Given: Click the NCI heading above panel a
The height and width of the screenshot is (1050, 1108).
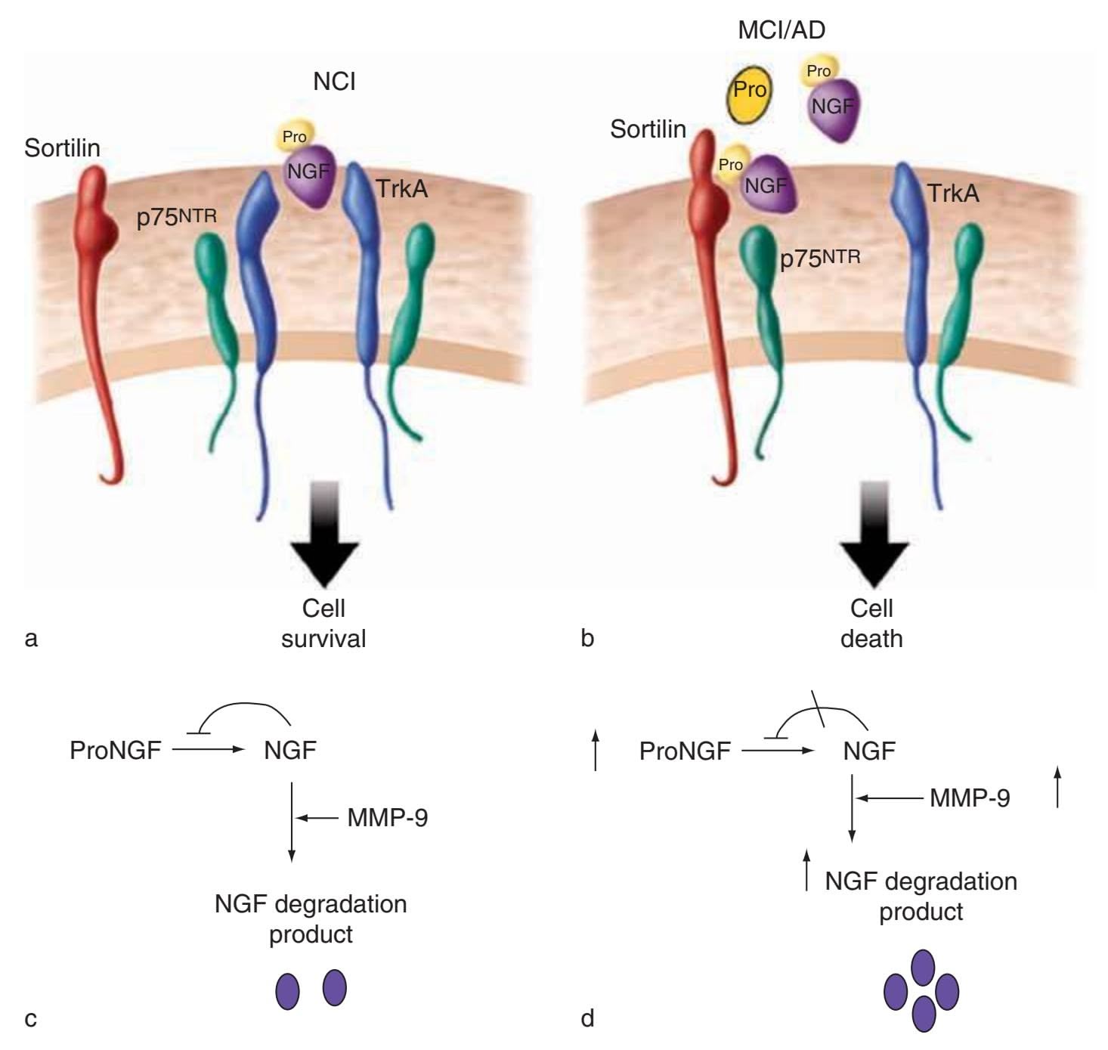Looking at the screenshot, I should point(334,82).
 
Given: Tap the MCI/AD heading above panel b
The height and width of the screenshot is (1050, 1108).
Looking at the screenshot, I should point(781,30).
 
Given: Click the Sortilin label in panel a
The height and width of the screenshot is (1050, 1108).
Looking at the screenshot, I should point(62,147).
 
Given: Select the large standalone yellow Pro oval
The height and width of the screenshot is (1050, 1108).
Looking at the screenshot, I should point(749,91).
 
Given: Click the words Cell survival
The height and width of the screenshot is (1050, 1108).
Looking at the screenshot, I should point(323,624).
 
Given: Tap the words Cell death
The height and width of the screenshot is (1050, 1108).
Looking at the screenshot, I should point(871,624).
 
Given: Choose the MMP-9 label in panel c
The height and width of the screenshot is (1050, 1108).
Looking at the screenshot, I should point(388,818).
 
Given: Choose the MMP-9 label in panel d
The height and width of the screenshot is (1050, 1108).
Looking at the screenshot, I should point(970,798).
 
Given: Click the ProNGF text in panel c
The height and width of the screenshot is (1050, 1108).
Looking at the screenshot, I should point(116,751).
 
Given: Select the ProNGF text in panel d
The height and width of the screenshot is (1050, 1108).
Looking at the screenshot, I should point(685,751).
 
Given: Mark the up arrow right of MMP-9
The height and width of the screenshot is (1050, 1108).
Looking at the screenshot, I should point(1057,786).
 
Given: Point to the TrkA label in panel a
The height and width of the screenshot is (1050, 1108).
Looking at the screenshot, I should point(401,188).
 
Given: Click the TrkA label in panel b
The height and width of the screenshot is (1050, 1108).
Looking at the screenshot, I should point(953,194).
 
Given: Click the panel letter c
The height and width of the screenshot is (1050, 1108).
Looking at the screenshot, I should point(30,1019).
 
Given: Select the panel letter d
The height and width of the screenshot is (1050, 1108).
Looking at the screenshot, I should point(587,1018).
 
